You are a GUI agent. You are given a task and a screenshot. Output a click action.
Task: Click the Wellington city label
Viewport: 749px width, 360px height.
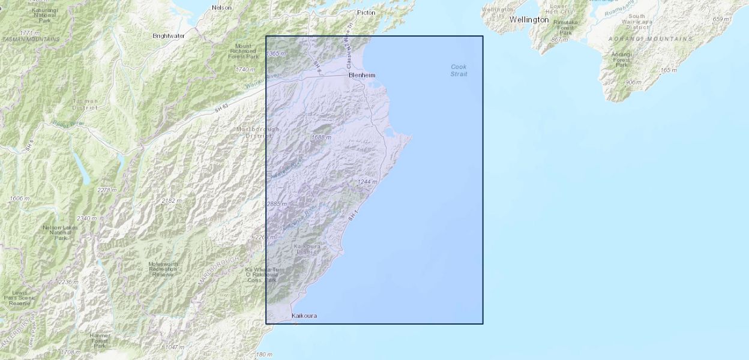529,20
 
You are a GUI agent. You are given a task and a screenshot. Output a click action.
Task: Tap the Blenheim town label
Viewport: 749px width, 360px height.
362,75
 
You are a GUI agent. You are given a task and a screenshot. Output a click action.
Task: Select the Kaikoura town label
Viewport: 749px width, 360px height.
304,316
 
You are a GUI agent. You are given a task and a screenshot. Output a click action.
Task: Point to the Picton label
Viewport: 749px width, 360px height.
366,12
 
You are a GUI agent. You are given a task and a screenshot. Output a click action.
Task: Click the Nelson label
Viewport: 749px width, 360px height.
221,8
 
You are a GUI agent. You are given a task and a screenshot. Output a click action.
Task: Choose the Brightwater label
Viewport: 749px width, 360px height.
169,36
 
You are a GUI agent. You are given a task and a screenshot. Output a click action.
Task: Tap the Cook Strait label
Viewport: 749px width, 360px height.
459,70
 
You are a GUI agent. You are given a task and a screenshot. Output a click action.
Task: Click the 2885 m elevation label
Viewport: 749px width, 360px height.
277,204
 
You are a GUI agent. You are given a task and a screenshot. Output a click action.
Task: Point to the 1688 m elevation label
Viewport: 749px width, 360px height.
321,137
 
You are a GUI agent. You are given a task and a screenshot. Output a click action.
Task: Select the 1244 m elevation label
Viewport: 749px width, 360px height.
367,182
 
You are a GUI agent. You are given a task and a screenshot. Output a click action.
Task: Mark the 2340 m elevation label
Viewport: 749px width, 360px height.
86,218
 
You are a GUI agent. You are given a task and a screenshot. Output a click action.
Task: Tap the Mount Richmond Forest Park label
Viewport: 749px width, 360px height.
243,52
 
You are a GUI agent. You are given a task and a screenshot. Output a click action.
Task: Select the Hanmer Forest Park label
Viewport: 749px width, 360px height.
100,340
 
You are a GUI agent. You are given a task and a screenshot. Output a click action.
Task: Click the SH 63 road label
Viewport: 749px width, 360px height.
221,107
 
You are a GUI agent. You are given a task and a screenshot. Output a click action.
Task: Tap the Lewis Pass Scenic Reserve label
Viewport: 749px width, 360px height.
19,298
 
